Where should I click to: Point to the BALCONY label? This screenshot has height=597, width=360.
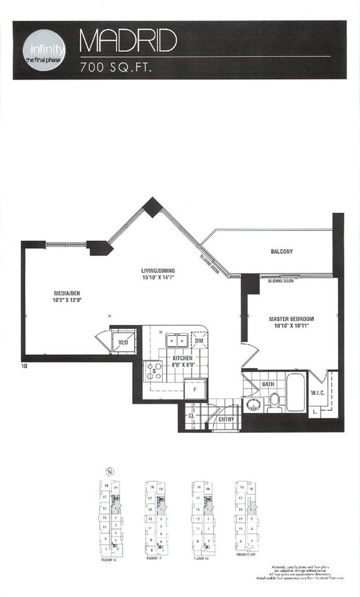click(x=281, y=252)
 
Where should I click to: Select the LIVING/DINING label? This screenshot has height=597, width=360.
click(x=158, y=271)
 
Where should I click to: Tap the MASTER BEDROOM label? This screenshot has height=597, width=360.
click(x=291, y=319)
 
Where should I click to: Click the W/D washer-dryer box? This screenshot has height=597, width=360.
click(x=123, y=342)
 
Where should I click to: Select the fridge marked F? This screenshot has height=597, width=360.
click(x=194, y=389)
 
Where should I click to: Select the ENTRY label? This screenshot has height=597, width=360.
click(x=226, y=419)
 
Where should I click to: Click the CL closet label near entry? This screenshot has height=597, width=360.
click(x=190, y=415)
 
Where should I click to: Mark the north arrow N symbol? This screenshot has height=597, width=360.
click(x=108, y=472)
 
